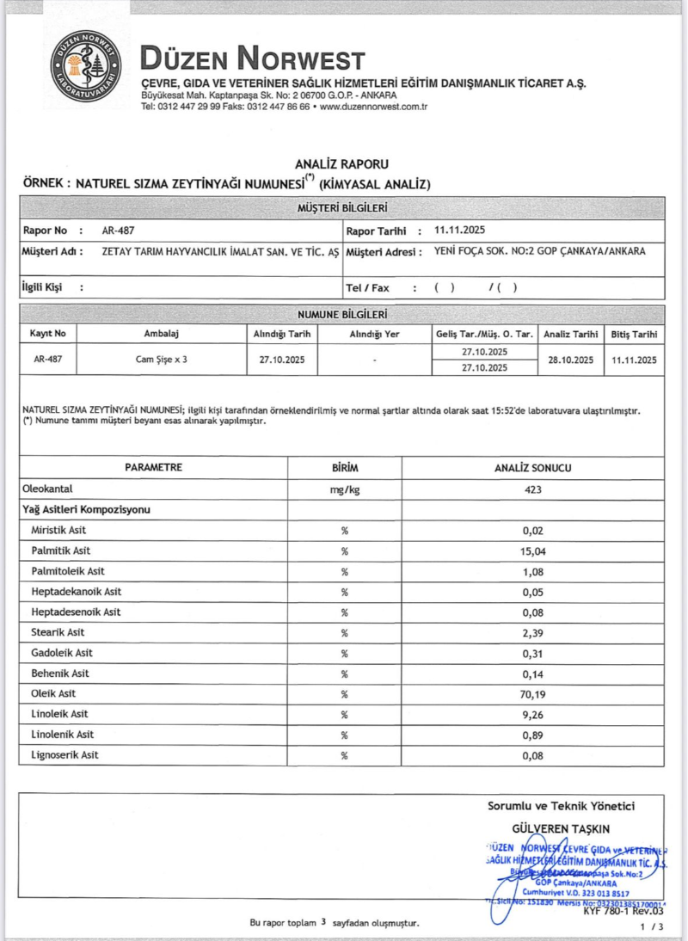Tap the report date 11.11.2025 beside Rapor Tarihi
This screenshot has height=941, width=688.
click(x=460, y=230)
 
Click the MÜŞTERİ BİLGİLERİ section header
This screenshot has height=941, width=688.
click(x=342, y=207)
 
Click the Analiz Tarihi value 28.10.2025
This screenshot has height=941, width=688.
click(x=569, y=360)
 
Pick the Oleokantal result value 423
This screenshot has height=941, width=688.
click(x=533, y=489)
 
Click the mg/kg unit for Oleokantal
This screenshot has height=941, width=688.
click(x=344, y=489)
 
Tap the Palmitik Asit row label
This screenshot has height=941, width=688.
click(x=61, y=550)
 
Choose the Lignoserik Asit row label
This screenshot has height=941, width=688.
click(x=64, y=754)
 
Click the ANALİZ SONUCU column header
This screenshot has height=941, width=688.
click(x=533, y=468)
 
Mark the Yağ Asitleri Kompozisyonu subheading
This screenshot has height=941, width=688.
click(x=86, y=510)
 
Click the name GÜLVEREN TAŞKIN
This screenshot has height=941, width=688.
click(x=560, y=828)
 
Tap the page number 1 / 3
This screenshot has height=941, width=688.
click(x=653, y=926)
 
